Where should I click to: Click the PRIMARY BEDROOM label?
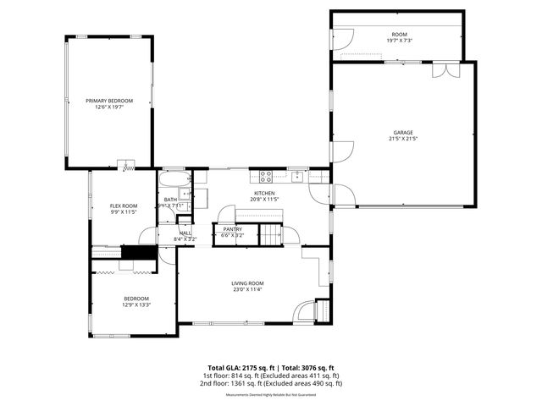tap(108, 101)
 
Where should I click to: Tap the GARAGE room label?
tap(402, 133)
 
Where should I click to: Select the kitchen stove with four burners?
tap(265, 177)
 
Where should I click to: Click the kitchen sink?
tap(297, 177)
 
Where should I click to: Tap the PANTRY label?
tap(232, 228)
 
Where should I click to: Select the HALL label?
tap(185, 233)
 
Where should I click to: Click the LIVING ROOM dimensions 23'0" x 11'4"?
tap(248, 290)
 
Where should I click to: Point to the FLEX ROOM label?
tap(124, 206)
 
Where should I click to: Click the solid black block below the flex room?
tap(139, 252)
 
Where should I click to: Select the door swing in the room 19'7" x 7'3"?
tap(345, 38)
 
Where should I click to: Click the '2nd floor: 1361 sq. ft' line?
tap(270, 383)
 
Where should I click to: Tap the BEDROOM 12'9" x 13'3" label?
tap(135, 299)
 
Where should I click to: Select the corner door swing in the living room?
tap(320, 311)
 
